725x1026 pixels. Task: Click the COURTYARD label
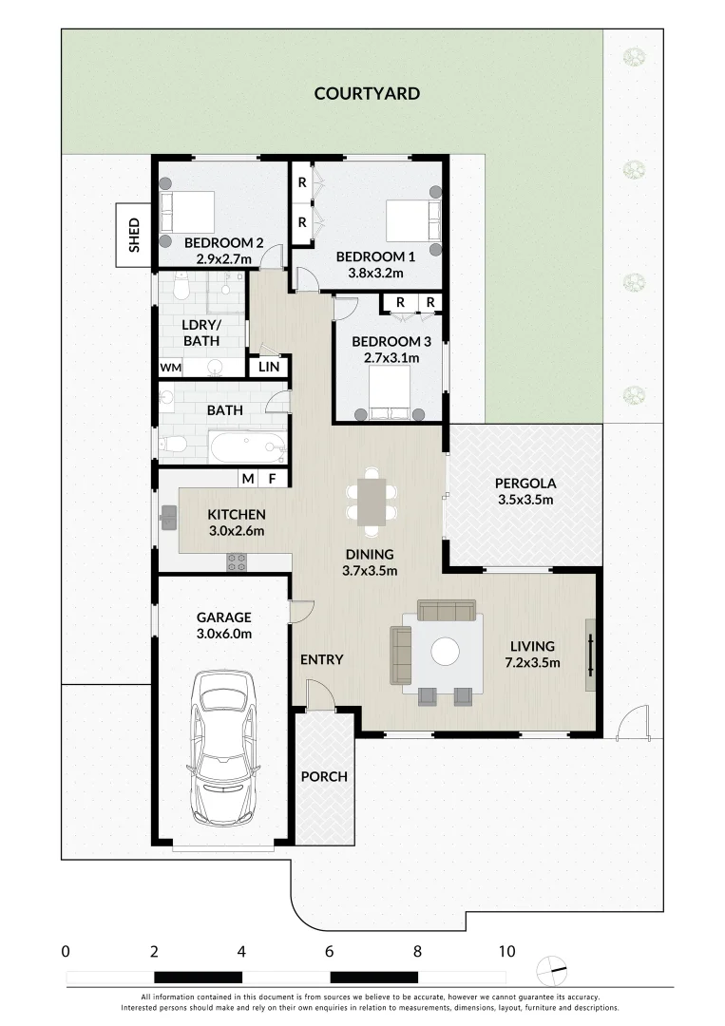point(367,93)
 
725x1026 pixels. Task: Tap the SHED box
point(134,235)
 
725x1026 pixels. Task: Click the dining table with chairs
point(371,502)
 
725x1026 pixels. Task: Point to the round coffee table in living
point(445,651)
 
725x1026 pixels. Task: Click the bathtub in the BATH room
point(247,446)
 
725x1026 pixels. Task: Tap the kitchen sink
point(168,517)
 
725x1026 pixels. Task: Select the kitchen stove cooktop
point(237,561)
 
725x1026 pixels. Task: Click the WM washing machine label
point(170,368)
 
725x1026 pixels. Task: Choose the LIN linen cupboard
point(268,367)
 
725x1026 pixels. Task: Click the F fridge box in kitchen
point(272,479)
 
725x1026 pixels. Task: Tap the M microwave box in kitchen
point(247,479)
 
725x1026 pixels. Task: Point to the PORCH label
point(324,777)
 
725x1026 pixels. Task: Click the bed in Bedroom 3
point(390,392)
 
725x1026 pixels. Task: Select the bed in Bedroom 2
point(188,213)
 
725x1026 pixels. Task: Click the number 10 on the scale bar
point(506,951)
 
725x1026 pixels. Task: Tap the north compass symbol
point(551,970)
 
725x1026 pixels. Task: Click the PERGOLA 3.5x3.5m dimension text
point(525,500)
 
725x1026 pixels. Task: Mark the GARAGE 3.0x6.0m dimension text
point(224,634)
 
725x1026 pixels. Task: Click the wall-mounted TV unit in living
point(590,655)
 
